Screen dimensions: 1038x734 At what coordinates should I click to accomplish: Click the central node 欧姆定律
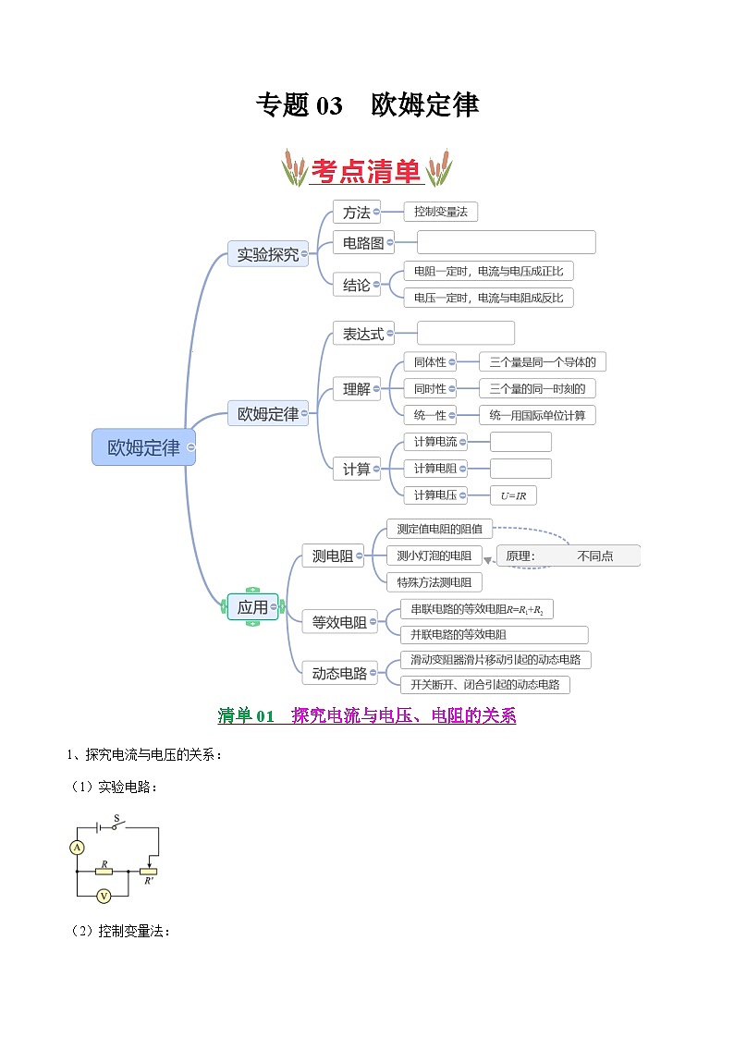[x=143, y=447]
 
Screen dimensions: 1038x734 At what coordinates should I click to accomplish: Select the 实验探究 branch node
[x=267, y=254]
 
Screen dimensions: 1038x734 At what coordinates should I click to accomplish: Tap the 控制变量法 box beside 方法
[x=440, y=212]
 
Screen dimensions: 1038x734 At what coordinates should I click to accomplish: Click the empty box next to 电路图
[x=506, y=242]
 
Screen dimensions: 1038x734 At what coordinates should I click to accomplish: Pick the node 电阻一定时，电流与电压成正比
[x=488, y=272]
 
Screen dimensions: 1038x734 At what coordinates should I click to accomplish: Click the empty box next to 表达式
[x=465, y=333]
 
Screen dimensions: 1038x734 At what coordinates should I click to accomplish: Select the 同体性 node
[x=430, y=362]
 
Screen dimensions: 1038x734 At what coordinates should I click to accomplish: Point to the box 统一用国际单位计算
[x=537, y=415]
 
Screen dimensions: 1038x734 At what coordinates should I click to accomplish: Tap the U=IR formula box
[x=513, y=495]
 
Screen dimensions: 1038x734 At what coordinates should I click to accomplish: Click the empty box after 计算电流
[x=520, y=442]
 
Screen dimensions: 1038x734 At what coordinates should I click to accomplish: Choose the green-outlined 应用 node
[x=252, y=607]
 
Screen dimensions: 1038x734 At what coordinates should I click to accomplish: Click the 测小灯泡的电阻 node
[x=434, y=556]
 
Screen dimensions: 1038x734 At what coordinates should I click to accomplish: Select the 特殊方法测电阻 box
[x=434, y=582]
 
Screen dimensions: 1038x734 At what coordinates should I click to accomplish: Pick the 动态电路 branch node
[x=339, y=673]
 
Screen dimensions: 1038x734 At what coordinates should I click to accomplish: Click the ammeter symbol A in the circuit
[x=78, y=847]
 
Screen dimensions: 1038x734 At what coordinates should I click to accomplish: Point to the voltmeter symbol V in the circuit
[x=104, y=895]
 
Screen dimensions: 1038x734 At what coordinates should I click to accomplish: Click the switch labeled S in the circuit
[x=117, y=825]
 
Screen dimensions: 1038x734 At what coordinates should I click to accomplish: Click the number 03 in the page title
[x=329, y=105]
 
